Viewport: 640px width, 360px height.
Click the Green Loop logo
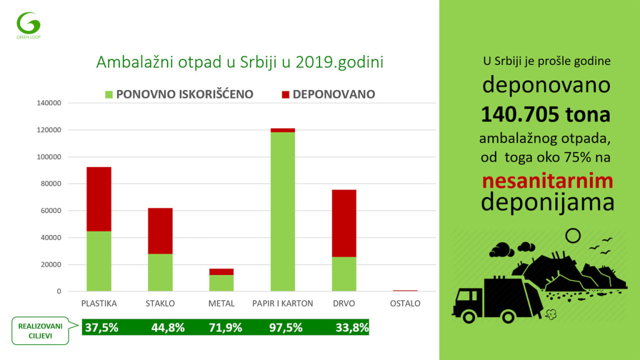(28, 23)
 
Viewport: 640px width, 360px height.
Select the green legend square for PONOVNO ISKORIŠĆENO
(109, 94)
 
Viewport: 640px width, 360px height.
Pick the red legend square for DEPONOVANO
(286, 94)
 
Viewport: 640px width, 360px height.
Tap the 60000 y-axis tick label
(50, 210)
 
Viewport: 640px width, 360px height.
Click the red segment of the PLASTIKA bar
(99, 199)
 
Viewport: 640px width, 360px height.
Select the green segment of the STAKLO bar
(160, 272)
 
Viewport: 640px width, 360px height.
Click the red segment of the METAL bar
(221, 271)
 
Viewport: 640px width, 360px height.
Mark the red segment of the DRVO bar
(344, 223)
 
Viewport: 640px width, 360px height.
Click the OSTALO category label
(405, 303)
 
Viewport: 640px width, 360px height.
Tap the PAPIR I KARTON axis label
(282, 303)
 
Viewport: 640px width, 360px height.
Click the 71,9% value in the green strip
(225, 328)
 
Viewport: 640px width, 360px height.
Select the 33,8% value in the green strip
(352, 328)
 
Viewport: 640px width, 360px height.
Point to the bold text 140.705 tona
(545, 115)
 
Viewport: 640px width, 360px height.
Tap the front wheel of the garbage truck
(469, 315)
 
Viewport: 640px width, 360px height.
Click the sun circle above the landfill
(572, 235)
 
